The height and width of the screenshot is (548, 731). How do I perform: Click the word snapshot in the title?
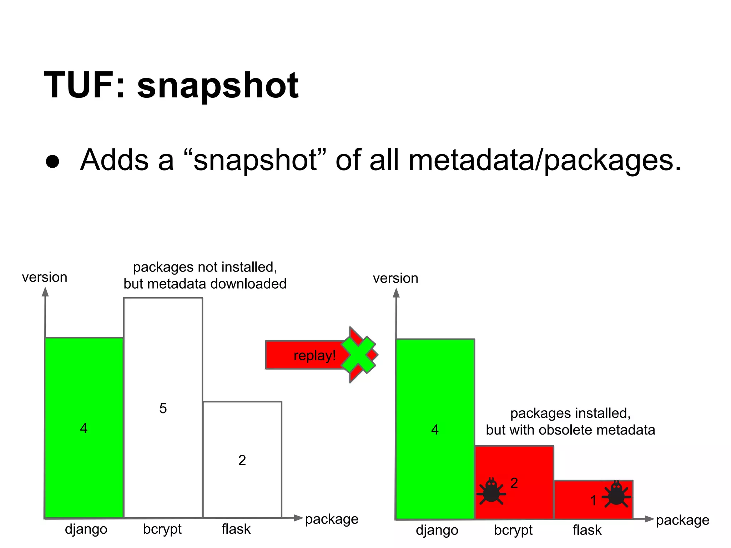[218, 86]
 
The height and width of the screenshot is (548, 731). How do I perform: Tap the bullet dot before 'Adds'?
[52, 161]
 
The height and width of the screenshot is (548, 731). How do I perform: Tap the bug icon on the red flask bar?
[616, 494]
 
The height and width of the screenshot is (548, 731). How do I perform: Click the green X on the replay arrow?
[358, 355]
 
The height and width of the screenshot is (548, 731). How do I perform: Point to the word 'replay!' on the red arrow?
[314, 356]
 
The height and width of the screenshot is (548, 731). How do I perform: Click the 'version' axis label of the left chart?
[45, 277]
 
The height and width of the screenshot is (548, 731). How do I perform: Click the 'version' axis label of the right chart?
[395, 278]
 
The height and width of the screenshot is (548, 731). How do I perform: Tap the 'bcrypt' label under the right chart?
[513, 530]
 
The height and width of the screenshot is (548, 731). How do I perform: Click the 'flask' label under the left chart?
[236, 529]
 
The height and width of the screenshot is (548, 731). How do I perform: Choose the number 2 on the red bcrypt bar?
[514, 483]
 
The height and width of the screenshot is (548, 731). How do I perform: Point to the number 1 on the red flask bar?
[593, 500]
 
